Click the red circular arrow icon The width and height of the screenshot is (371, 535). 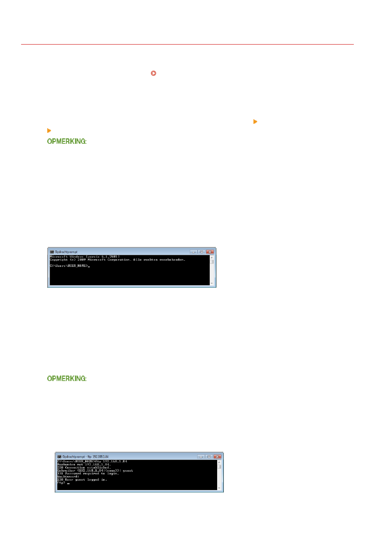tap(153, 73)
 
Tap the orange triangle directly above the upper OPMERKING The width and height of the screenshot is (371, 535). tap(49, 131)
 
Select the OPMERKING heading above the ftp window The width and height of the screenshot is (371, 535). tap(66, 378)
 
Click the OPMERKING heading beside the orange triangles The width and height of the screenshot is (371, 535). tap(66, 141)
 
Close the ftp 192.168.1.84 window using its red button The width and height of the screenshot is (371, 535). tap(217, 456)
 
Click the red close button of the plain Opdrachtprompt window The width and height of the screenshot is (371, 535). tap(210, 252)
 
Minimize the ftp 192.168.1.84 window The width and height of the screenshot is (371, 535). tap(201, 456)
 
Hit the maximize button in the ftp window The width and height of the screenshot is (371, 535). tap(209, 456)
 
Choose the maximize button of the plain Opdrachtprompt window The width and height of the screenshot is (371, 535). tap(202, 252)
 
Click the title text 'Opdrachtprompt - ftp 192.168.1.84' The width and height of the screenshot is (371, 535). tap(85, 456)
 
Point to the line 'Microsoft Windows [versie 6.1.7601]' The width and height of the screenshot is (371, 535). tap(84, 257)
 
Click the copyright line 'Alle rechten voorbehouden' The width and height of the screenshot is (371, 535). tap(117, 260)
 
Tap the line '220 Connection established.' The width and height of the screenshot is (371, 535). tap(84, 467)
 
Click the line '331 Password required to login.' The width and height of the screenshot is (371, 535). tap(88, 474)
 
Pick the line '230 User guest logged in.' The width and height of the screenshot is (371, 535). tap(82, 480)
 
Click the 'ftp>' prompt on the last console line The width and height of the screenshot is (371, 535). tap(61, 483)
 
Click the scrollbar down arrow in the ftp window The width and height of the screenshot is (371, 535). tap(219, 488)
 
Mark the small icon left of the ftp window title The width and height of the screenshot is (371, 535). tap(59, 456)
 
